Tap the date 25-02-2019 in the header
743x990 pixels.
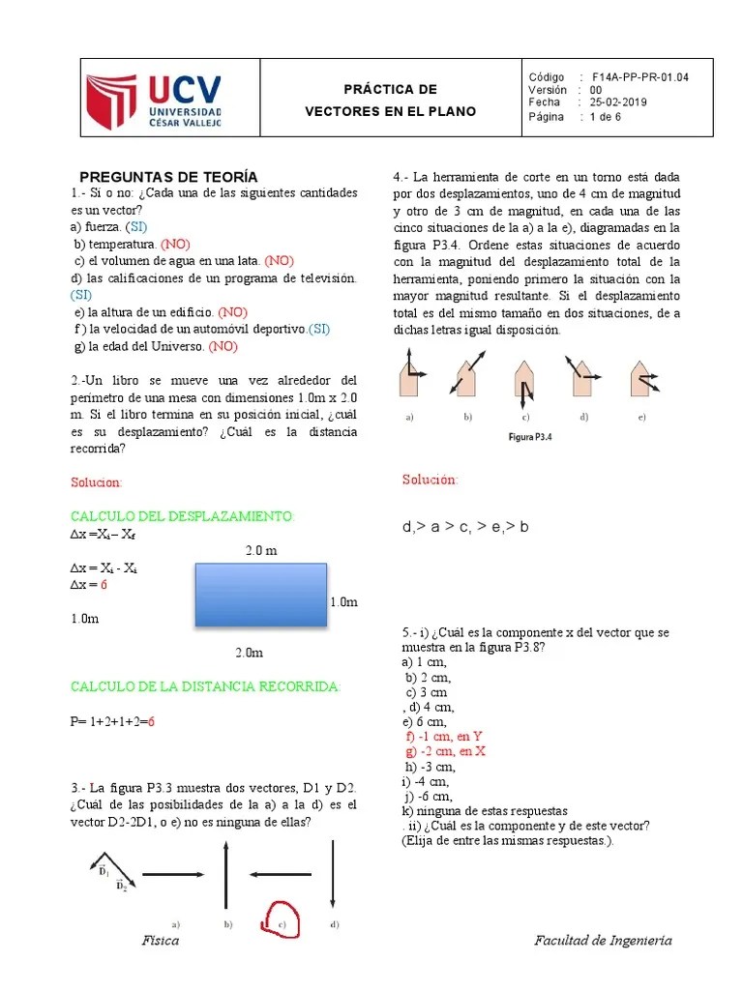(619, 102)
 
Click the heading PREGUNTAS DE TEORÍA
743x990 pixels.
(168, 176)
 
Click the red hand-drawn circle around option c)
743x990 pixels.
(282, 918)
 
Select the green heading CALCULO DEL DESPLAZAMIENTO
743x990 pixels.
(181, 516)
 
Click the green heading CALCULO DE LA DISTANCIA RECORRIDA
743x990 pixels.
(205, 686)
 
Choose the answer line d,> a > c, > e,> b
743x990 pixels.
(465, 528)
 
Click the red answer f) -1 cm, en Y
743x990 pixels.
(444, 736)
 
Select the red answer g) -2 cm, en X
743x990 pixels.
(446, 751)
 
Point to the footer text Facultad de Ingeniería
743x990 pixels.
(603, 941)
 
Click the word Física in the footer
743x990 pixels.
(161, 941)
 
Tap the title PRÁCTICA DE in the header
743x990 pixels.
(391, 89)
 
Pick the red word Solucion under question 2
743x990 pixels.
(97, 481)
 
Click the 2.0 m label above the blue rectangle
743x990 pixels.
(260, 550)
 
